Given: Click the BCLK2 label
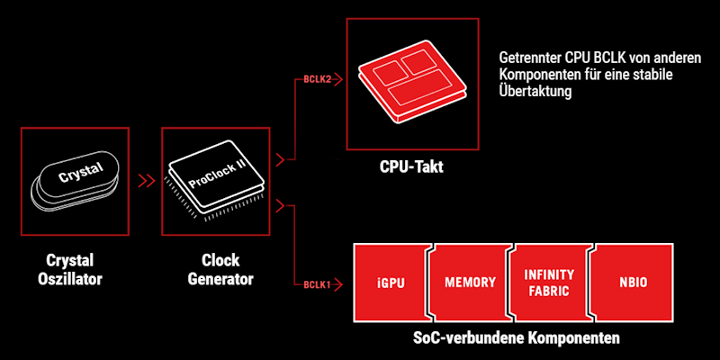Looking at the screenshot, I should click(318, 80).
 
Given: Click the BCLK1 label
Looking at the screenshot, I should click(317, 284).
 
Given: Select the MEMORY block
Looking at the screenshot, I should click(470, 283).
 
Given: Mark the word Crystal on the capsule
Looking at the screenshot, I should click(82, 170).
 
